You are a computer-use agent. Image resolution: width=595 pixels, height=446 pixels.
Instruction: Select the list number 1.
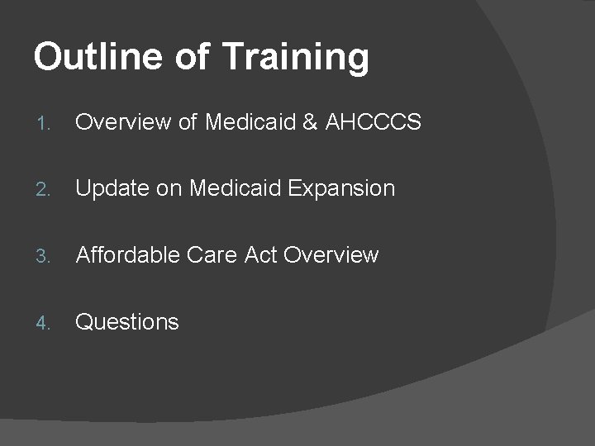pyautogui.click(x=45, y=124)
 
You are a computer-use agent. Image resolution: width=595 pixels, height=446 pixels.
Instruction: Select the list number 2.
pyautogui.click(x=45, y=190)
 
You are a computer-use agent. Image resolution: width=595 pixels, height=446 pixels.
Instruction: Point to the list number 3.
pyautogui.click(x=45, y=256)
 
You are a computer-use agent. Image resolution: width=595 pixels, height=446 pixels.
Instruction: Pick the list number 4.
pyautogui.click(x=45, y=323)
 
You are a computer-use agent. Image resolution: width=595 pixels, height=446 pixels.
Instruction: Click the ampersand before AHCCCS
pyautogui.click(x=311, y=123)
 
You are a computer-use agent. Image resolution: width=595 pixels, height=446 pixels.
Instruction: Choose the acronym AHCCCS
pyautogui.click(x=374, y=123)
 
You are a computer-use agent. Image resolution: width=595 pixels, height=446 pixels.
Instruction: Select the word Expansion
pyautogui.click(x=342, y=189)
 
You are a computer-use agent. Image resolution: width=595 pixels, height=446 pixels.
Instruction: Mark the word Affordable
pyautogui.click(x=127, y=255)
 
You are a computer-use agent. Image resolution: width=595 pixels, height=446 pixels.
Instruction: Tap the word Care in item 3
pyautogui.click(x=212, y=255)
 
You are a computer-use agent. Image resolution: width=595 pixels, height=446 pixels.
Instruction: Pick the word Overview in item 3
pyautogui.click(x=331, y=255)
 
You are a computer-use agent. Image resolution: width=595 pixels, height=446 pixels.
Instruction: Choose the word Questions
pyautogui.click(x=127, y=322)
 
